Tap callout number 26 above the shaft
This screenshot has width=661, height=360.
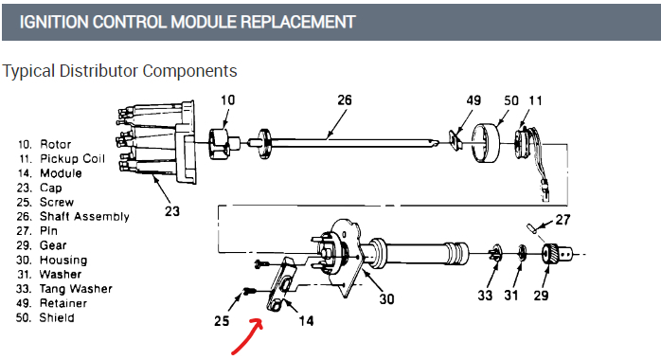345,99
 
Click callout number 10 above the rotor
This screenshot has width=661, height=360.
227,99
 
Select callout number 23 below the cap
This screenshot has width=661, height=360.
172,210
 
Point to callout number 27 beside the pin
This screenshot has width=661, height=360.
563,220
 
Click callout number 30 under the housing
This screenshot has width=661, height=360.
386,298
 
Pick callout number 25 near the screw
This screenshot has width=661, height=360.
222,321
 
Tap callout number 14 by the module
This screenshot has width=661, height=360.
307,321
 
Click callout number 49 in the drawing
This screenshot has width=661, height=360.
473,100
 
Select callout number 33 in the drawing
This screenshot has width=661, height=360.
485,295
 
